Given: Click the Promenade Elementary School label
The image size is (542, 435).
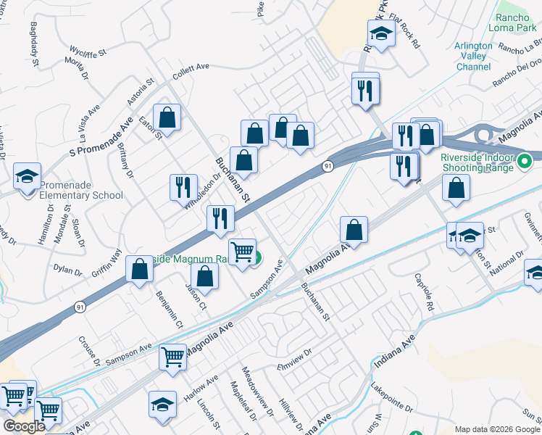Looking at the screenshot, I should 81,189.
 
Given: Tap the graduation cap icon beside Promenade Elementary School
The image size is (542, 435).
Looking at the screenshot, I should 27,175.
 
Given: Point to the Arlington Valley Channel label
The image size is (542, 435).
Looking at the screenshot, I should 473,56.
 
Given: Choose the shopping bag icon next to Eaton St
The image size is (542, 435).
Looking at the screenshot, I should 167,117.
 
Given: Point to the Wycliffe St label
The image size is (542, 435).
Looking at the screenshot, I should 88,51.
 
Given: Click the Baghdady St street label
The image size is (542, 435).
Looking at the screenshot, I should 34,45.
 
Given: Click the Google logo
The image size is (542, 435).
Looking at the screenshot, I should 24,426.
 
